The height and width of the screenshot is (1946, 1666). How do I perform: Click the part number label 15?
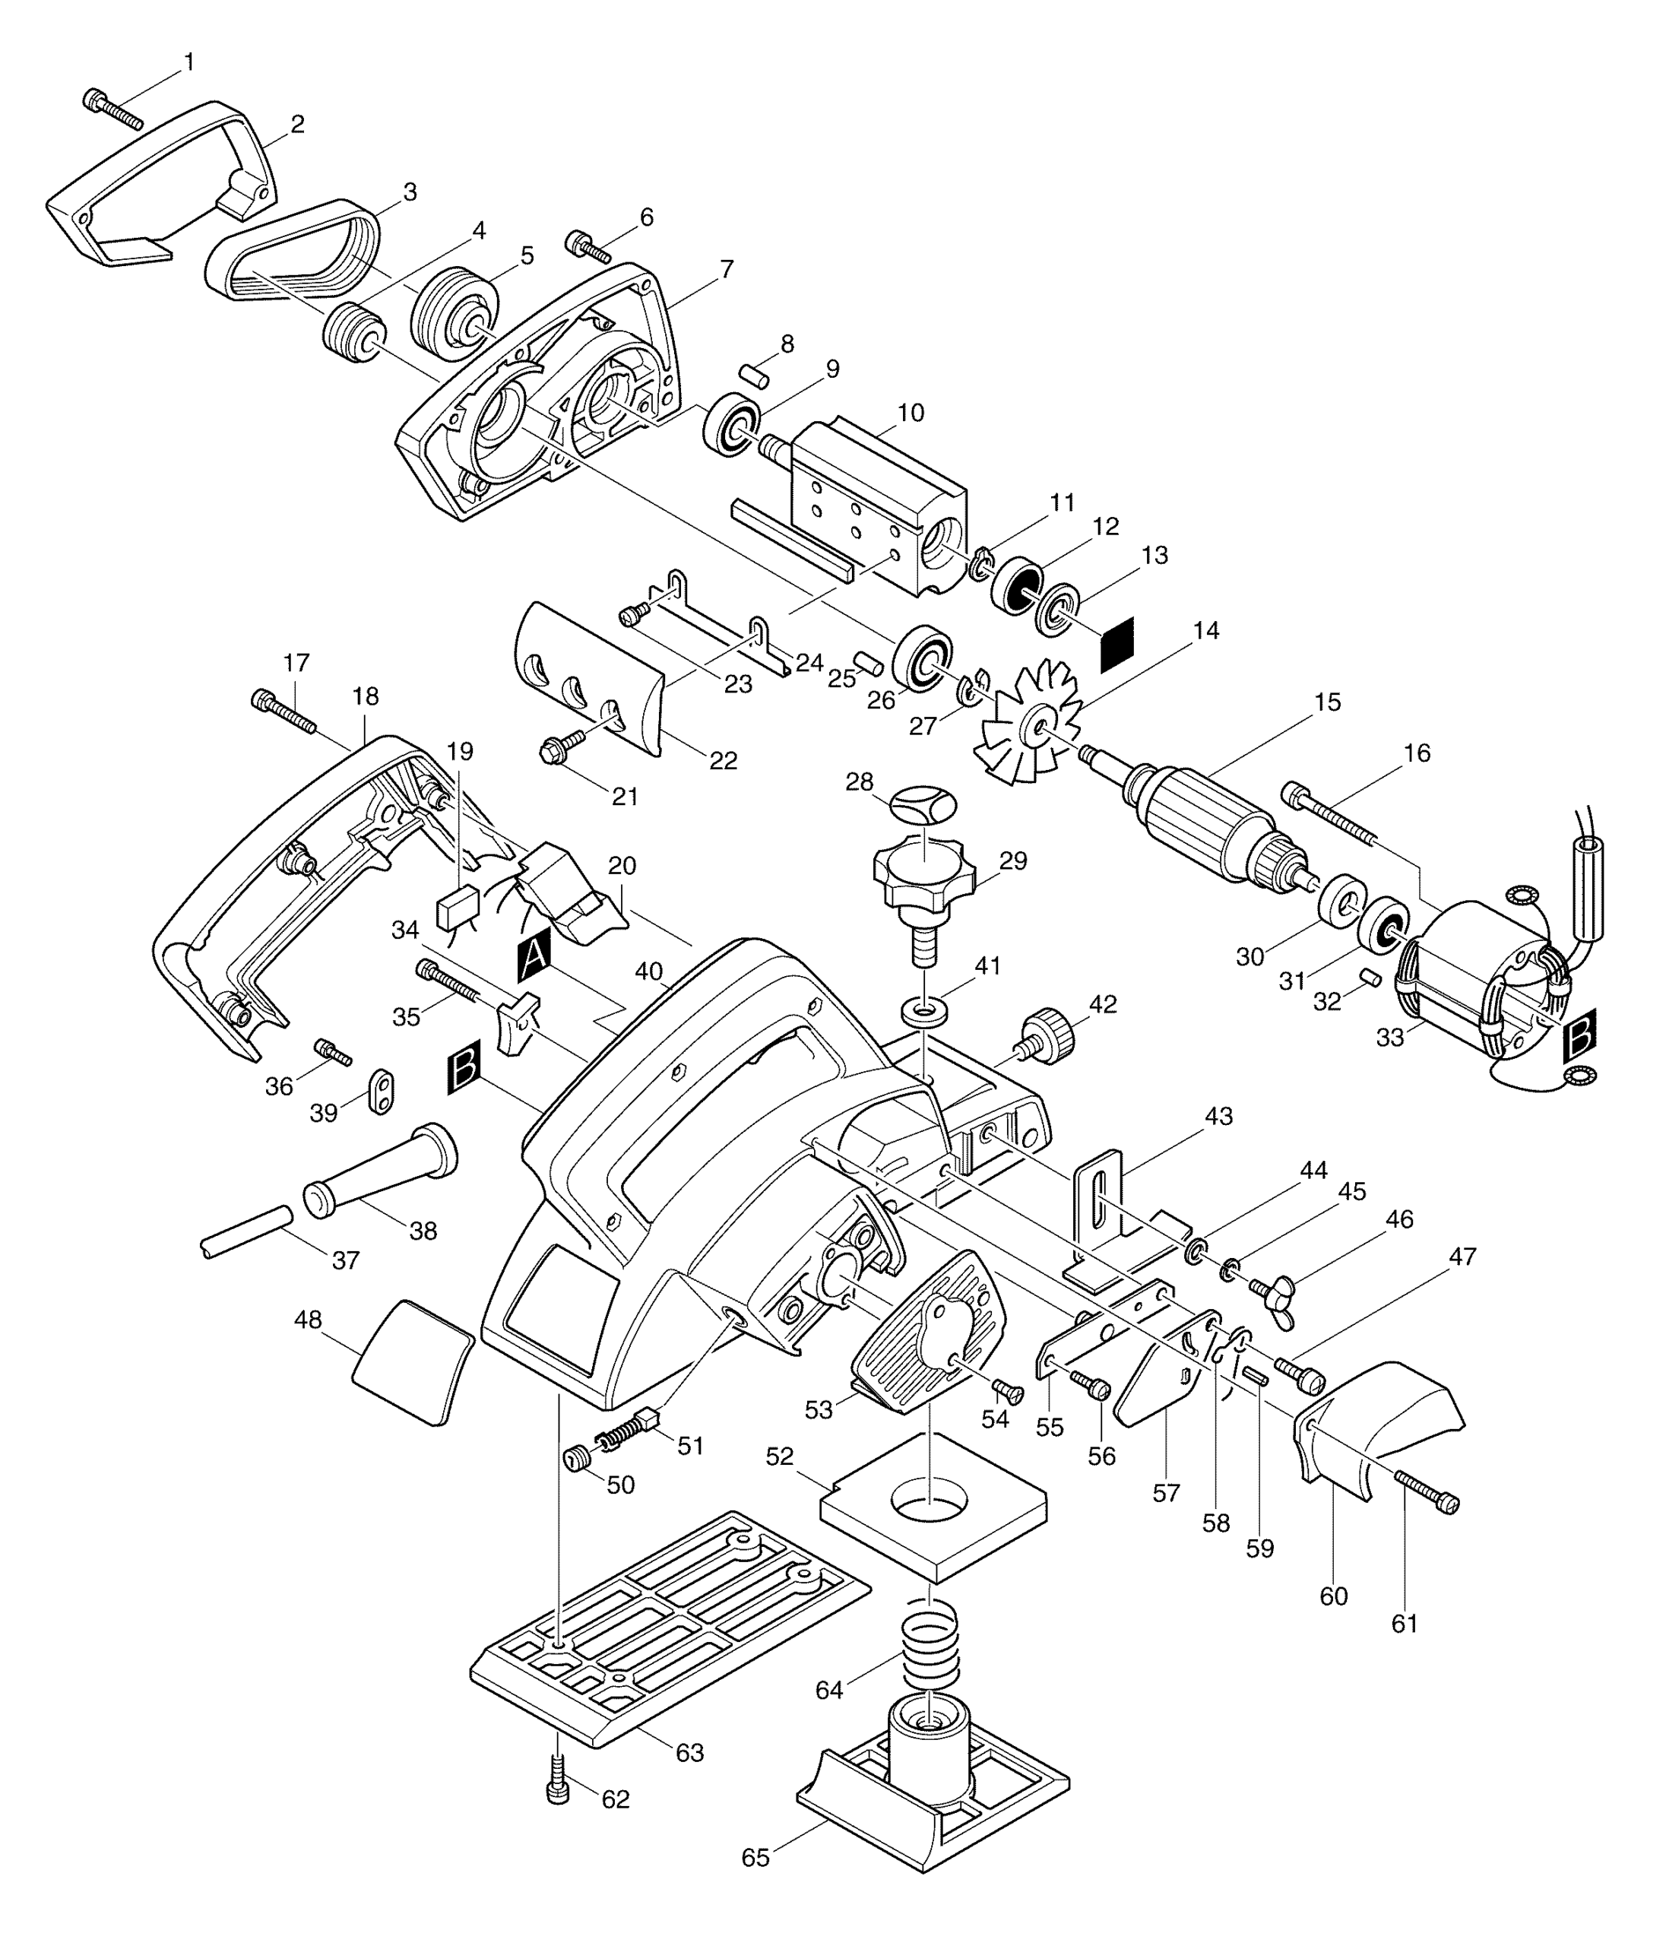coord(1327,702)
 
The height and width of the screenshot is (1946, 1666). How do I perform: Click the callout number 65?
coord(756,1858)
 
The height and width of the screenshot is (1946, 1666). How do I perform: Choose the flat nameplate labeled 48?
coord(412,1362)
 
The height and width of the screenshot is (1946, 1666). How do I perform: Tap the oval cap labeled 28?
coord(924,806)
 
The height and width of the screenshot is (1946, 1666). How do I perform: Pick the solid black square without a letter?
coord(1116,645)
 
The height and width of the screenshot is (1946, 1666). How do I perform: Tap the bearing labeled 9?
coord(730,427)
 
